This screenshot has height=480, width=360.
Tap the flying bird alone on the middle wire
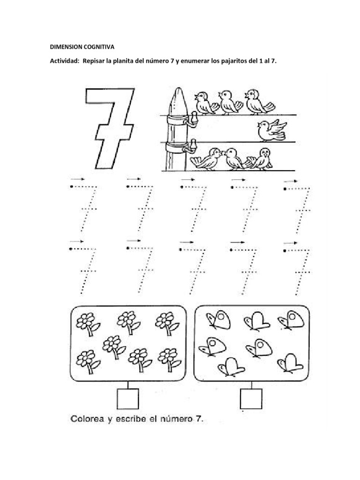pos(271,130)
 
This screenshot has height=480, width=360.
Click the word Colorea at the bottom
pos(88,419)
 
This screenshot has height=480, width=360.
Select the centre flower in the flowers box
pos(112,346)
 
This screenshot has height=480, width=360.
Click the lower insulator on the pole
pos(191,147)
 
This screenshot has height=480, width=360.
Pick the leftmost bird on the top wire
pos(204,102)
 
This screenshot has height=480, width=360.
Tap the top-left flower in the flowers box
pos(87,323)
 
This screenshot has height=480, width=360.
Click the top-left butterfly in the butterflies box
pos(219,321)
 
